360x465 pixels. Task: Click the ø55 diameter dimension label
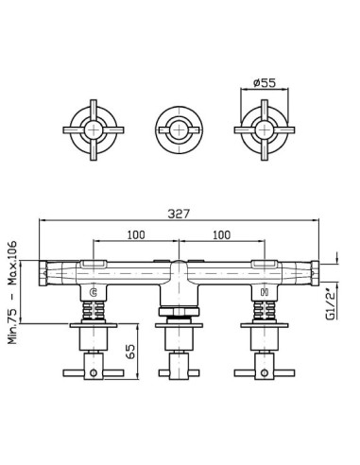point(265,83)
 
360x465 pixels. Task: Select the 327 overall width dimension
point(179,214)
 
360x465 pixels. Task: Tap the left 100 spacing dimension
point(136,235)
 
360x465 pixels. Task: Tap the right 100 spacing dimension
point(221,235)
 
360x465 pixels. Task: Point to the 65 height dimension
point(130,351)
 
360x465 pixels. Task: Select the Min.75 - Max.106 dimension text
point(12,292)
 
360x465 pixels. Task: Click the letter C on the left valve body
point(94,293)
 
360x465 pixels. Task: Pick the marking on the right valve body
point(265,293)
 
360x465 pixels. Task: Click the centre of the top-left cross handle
point(94,130)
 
